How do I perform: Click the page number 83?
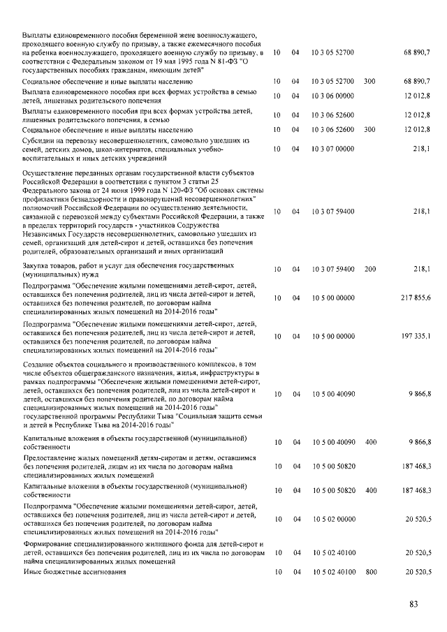[413, 604]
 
